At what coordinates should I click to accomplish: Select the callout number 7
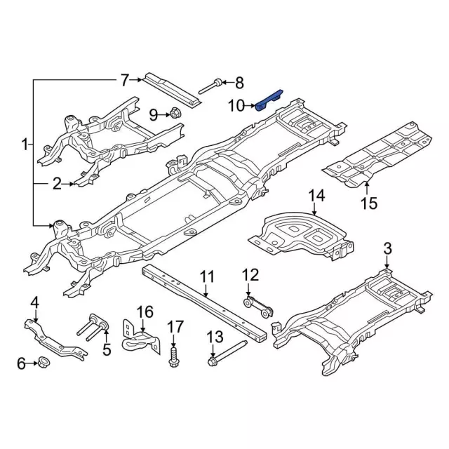pyautogui.click(x=125, y=79)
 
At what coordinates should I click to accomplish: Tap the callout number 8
pyautogui.click(x=239, y=84)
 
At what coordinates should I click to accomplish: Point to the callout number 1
pyautogui.click(x=24, y=145)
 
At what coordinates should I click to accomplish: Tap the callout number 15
pyautogui.click(x=369, y=203)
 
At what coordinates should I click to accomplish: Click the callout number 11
pyautogui.click(x=206, y=277)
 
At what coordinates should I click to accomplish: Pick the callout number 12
pyautogui.click(x=250, y=274)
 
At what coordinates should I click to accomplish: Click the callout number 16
pyautogui.click(x=144, y=311)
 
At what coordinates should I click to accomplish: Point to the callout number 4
pyautogui.click(x=34, y=302)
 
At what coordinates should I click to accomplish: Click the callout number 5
pyautogui.click(x=107, y=349)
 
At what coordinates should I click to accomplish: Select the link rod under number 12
pyautogui.click(x=257, y=306)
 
